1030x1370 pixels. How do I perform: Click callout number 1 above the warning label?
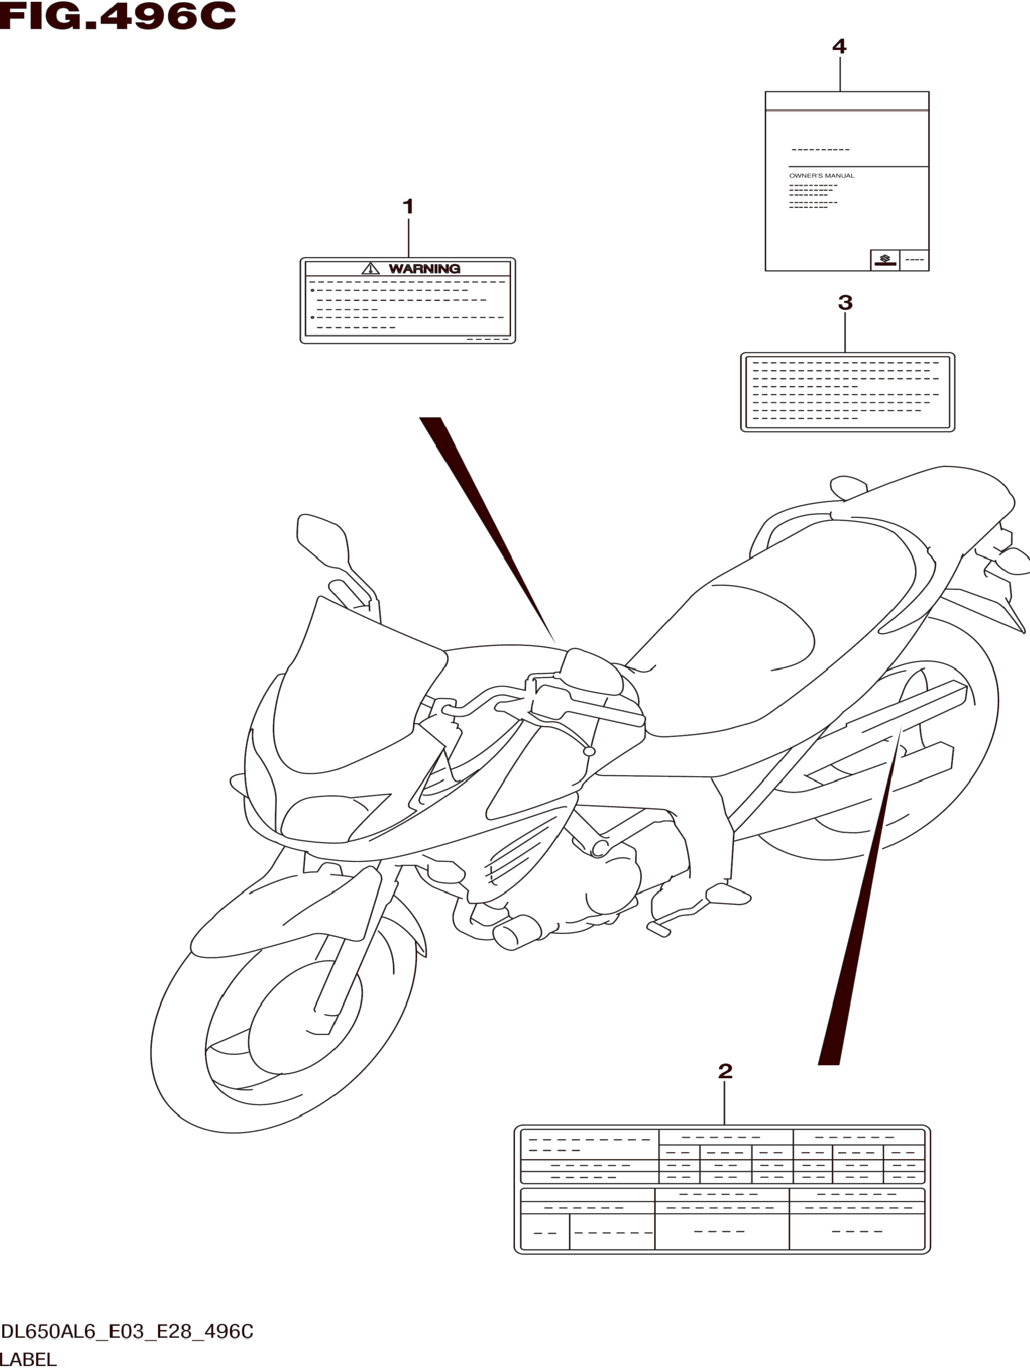tap(408, 207)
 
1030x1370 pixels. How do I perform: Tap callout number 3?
tap(845, 303)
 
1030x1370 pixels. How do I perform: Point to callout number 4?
tap(839, 46)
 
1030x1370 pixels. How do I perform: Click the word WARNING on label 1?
tap(424, 269)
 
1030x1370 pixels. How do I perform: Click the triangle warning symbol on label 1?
tap(370, 268)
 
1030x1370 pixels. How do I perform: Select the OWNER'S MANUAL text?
tap(822, 176)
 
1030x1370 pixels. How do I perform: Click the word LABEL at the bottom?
tap(29, 1360)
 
